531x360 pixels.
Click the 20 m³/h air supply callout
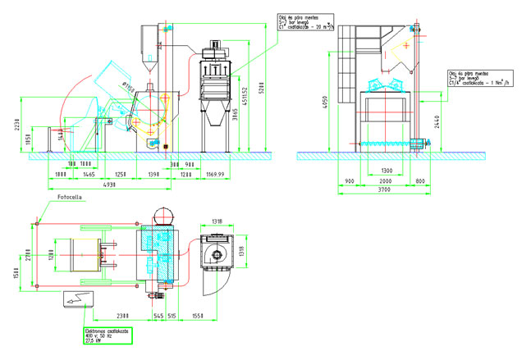[300, 25]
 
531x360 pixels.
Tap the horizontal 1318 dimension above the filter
[217, 220]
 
